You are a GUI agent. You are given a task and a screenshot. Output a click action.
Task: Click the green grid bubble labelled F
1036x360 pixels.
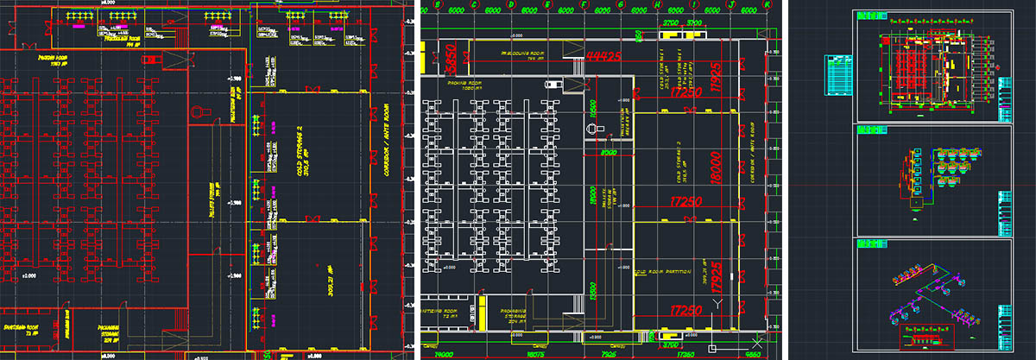point(585,6)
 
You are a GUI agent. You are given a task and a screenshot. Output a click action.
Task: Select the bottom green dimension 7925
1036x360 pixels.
point(609,353)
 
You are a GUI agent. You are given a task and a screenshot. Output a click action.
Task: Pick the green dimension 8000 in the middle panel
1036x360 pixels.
point(608,154)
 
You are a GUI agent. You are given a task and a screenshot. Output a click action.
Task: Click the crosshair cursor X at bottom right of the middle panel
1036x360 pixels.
point(755,338)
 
